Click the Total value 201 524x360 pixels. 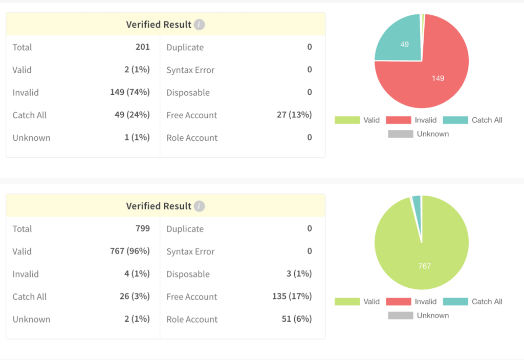[x=142, y=47]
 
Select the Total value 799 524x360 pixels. [x=142, y=228]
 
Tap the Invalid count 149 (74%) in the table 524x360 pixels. [x=129, y=92]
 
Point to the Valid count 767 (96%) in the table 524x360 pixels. [x=129, y=251]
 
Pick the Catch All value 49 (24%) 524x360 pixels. [x=132, y=115]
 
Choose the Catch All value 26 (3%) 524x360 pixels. [x=134, y=297]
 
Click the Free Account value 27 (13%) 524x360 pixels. [x=294, y=115]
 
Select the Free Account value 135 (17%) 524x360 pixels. [x=292, y=297]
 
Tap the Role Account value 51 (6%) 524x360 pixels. [x=296, y=319]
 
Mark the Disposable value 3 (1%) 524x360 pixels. [x=299, y=274]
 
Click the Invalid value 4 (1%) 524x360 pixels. [x=137, y=274]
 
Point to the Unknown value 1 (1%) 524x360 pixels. [x=137, y=137]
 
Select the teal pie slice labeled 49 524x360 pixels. [x=402, y=41]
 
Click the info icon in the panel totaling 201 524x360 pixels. [x=200, y=25]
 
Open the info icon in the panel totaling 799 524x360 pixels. [x=200, y=206]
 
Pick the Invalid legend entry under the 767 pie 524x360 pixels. [x=411, y=302]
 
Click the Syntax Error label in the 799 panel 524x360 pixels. [x=190, y=251]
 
